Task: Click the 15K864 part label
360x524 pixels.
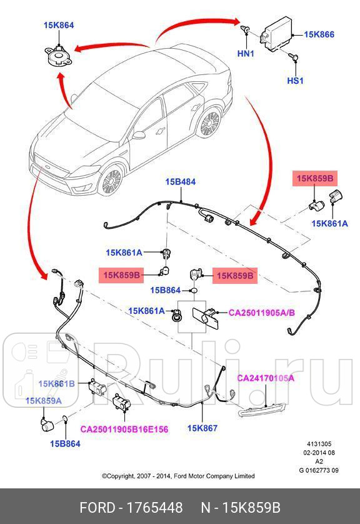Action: click(x=59, y=26)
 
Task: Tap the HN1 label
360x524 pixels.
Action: click(x=246, y=54)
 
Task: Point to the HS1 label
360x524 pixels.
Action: click(x=294, y=81)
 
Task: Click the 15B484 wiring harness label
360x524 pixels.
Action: click(x=180, y=182)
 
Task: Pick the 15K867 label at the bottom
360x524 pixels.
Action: click(x=202, y=428)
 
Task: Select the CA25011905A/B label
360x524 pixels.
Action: click(x=261, y=311)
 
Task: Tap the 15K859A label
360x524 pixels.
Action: click(x=43, y=400)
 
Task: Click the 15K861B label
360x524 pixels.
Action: click(x=57, y=383)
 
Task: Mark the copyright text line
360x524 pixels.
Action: click(x=178, y=476)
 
